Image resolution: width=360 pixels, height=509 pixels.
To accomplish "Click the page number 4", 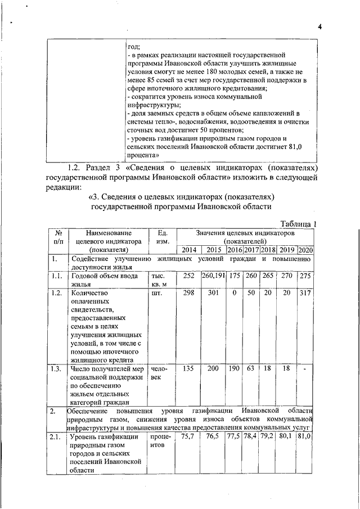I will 318,26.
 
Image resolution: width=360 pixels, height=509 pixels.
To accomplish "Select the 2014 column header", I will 188,250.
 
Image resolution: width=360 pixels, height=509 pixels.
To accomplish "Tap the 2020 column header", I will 305,250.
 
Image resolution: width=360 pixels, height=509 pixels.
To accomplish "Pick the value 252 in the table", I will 188,277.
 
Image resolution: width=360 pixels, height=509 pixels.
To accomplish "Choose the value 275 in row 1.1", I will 305,277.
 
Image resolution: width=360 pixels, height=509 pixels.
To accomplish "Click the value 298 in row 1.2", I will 188,293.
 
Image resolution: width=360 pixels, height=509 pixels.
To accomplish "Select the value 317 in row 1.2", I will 305,293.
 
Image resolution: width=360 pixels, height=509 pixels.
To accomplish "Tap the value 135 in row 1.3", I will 188,368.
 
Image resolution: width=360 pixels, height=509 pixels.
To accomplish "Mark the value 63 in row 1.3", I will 251,368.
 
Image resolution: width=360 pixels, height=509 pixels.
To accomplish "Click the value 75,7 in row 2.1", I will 188,436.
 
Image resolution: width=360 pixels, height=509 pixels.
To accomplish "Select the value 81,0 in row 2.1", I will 305,436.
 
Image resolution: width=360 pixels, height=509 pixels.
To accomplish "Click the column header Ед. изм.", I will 161,236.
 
